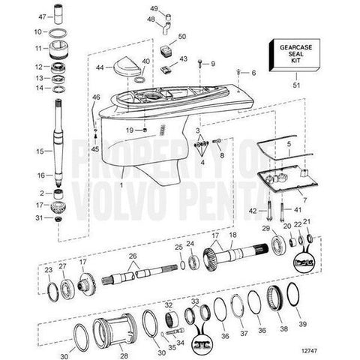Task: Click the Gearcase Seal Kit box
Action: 295,55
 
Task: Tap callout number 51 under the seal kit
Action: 296,85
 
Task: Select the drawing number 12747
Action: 309,351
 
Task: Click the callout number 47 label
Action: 42,16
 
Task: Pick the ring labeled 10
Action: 58,32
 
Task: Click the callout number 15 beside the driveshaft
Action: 40,151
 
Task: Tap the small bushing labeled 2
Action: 58,193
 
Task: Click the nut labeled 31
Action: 58,219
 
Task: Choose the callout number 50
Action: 182,37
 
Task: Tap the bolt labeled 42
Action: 269,211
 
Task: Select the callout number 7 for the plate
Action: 304,200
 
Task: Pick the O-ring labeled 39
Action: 294,294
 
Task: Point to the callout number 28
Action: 124,355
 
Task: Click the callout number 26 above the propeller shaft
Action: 133,256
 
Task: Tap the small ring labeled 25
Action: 183,265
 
